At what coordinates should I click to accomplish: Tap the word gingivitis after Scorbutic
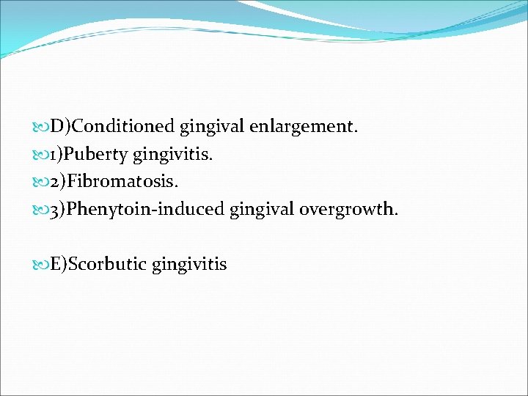coord(189,264)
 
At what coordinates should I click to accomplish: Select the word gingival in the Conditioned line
coord(210,127)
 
